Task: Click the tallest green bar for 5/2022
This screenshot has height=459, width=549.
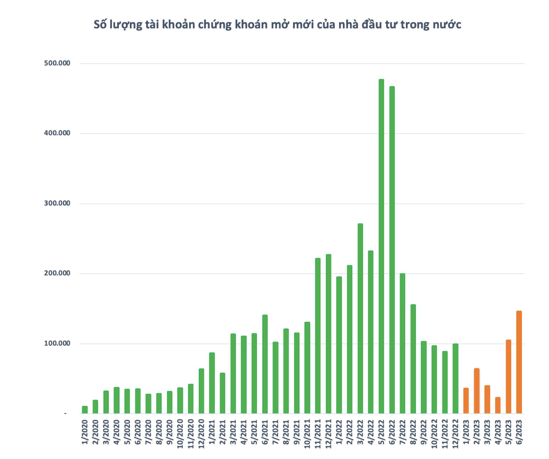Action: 381,246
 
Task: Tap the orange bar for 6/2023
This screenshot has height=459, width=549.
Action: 519,362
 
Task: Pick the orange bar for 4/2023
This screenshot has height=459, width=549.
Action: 498,405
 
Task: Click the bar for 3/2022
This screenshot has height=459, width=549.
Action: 360,318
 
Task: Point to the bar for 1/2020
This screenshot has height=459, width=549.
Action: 85,410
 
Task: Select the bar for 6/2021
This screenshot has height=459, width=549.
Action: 265,364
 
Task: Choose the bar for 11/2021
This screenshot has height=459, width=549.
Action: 318,336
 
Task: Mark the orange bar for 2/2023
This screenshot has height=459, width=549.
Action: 476,391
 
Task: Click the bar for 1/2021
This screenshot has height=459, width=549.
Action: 212,383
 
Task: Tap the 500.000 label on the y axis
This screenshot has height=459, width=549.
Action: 57,63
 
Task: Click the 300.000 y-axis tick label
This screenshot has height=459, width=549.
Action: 57,203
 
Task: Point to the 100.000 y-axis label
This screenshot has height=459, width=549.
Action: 57,343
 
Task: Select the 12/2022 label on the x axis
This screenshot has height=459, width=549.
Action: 455,434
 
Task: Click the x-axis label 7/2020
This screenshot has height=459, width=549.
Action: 148,432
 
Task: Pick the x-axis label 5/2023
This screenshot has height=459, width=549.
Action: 508,432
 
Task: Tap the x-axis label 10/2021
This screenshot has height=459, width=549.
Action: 307,434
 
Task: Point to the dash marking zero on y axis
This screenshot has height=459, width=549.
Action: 65,414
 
